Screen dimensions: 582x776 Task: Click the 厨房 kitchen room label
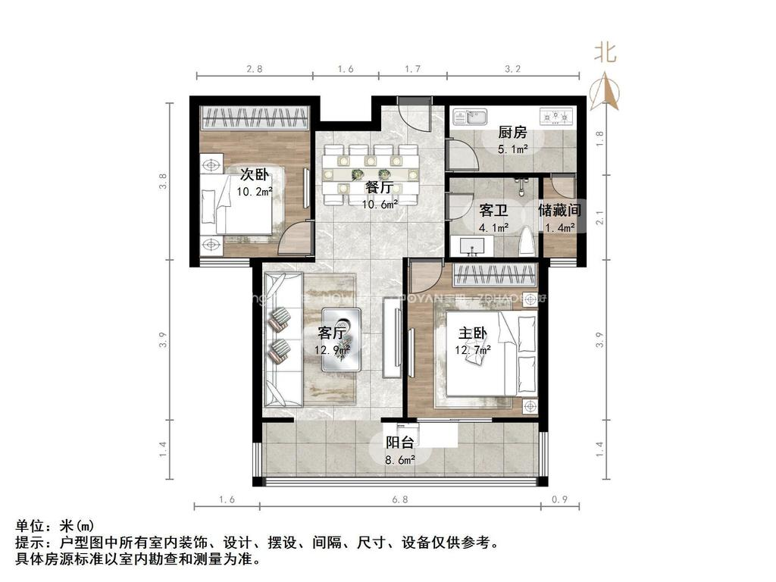click(x=512, y=133)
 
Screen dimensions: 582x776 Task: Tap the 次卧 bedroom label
click(x=256, y=174)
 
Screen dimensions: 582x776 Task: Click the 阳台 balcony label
click(x=399, y=443)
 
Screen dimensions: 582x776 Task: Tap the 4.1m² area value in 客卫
click(x=493, y=227)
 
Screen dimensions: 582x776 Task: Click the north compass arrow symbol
click(x=605, y=90)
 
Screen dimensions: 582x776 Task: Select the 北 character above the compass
click(x=605, y=52)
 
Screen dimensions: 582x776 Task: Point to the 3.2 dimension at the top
click(x=512, y=69)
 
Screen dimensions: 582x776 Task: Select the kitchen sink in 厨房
click(x=470, y=117)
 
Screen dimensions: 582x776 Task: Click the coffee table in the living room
click(x=341, y=339)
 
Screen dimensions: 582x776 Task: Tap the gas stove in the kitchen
click(x=557, y=117)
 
